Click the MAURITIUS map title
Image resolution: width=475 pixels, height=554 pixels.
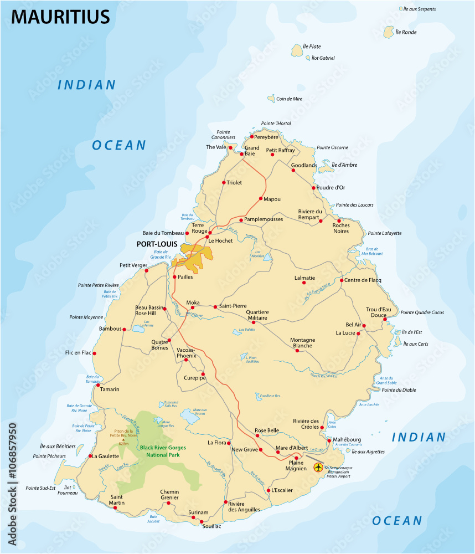pos(60,17)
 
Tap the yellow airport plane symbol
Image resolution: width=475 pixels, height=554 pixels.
pos(318,468)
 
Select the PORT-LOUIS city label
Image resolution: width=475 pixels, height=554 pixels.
pos(158,244)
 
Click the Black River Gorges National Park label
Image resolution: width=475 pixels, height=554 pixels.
pos(163,451)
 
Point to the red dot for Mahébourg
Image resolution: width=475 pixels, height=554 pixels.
pos(329,440)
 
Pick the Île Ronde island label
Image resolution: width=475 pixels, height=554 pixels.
pos(406,32)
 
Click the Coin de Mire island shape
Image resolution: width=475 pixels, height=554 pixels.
pos(271,99)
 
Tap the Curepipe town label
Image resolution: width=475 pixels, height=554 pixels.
pos(194,378)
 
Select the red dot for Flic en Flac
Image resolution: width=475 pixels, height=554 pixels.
pos(94,353)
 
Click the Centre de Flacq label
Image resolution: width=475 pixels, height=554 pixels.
pos(363,280)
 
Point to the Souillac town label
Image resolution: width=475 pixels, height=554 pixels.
pos(211,526)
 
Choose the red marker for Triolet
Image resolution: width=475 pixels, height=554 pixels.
pos(224,182)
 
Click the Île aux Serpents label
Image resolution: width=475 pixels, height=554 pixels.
pos(420,9)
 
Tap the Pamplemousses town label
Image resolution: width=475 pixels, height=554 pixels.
pos(264,219)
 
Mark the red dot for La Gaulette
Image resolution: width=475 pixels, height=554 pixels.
pos(90,456)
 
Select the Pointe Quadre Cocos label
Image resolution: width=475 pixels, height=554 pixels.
pos(422,312)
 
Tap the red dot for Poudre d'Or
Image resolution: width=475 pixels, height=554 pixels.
pos(313,188)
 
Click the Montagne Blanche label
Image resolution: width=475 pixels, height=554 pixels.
pos(302,343)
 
